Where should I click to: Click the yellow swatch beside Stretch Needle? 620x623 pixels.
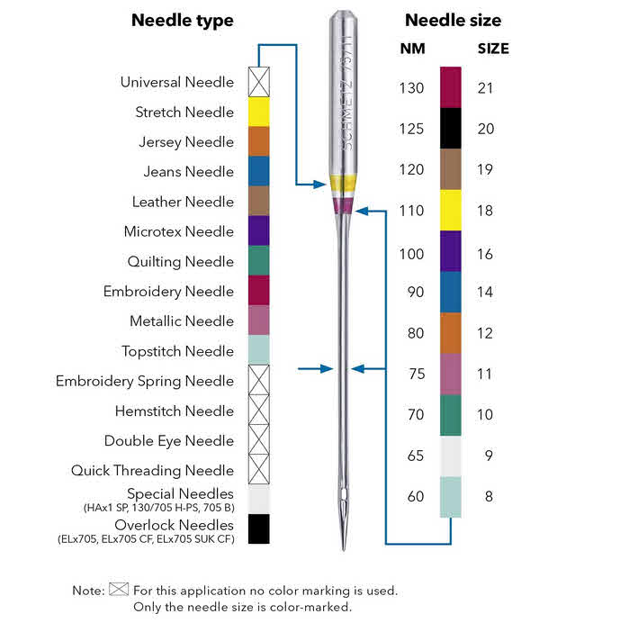click(x=258, y=112)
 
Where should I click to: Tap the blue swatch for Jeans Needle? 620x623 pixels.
click(x=258, y=171)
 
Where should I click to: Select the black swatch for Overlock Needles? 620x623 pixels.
click(x=258, y=528)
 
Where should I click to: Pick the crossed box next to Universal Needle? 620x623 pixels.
click(x=258, y=82)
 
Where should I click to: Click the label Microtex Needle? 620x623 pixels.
click(x=178, y=231)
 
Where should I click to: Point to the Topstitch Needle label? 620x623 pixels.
click(x=177, y=351)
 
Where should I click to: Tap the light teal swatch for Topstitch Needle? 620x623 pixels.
click(x=258, y=350)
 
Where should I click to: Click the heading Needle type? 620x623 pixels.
click(x=182, y=21)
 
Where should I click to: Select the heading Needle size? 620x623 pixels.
click(x=453, y=21)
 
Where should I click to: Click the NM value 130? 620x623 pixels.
click(x=410, y=88)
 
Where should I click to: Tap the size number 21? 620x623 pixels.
click(x=485, y=88)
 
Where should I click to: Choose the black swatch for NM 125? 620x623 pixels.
click(x=450, y=129)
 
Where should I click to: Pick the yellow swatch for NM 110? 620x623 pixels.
click(x=450, y=211)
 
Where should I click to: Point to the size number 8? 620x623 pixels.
click(x=488, y=496)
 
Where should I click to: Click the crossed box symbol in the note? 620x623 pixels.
click(x=119, y=591)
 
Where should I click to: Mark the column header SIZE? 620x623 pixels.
click(x=492, y=49)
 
